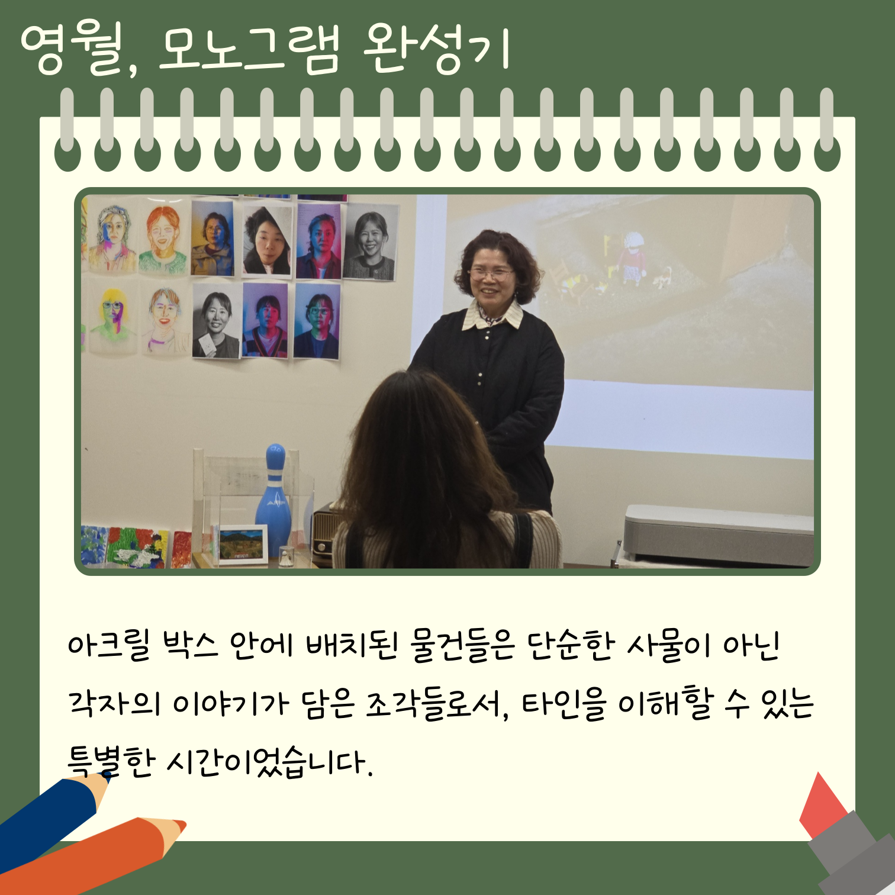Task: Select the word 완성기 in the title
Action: (436, 50)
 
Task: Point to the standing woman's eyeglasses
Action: (491, 274)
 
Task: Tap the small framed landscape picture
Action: (243, 545)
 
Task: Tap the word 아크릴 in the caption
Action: (110, 645)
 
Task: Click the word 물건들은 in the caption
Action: (462, 645)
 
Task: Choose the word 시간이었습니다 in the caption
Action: (270, 761)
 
